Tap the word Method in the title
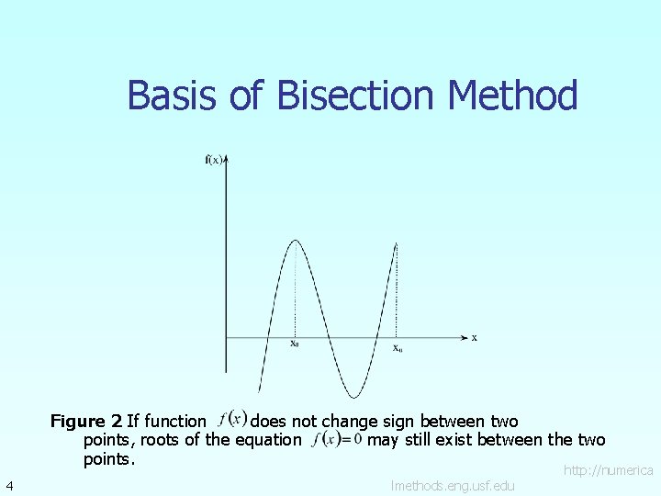(513, 96)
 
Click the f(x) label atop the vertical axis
(213, 161)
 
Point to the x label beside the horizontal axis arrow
(474, 338)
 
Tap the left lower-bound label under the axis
(294, 344)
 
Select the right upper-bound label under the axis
(397, 348)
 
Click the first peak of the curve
(295, 241)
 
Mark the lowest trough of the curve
(346, 396)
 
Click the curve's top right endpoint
(396, 243)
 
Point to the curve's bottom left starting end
(260, 391)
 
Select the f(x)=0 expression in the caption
(337, 440)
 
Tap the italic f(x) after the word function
(232, 419)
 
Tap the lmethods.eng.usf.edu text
(453, 485)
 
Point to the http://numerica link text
(608, 470)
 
